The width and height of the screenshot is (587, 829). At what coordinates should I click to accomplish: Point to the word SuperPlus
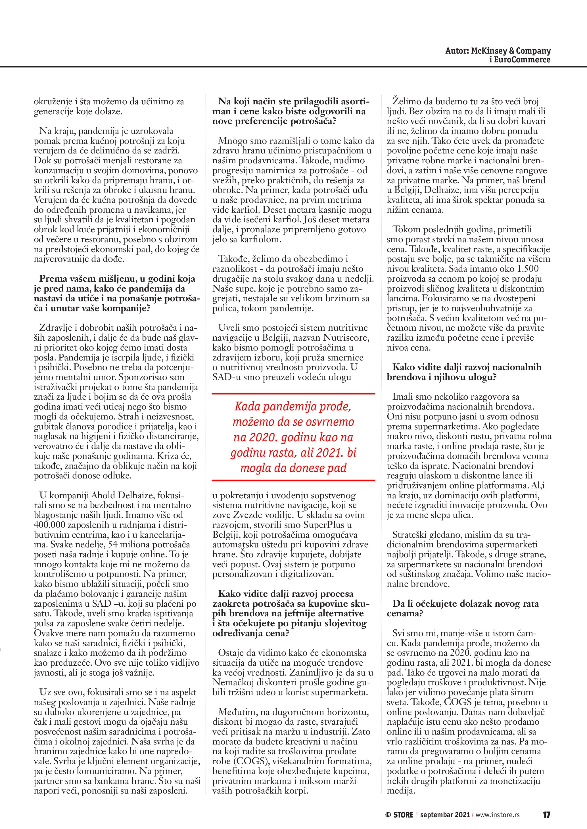[327, 525]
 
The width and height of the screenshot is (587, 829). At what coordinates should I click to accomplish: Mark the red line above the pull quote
[293, 393]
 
